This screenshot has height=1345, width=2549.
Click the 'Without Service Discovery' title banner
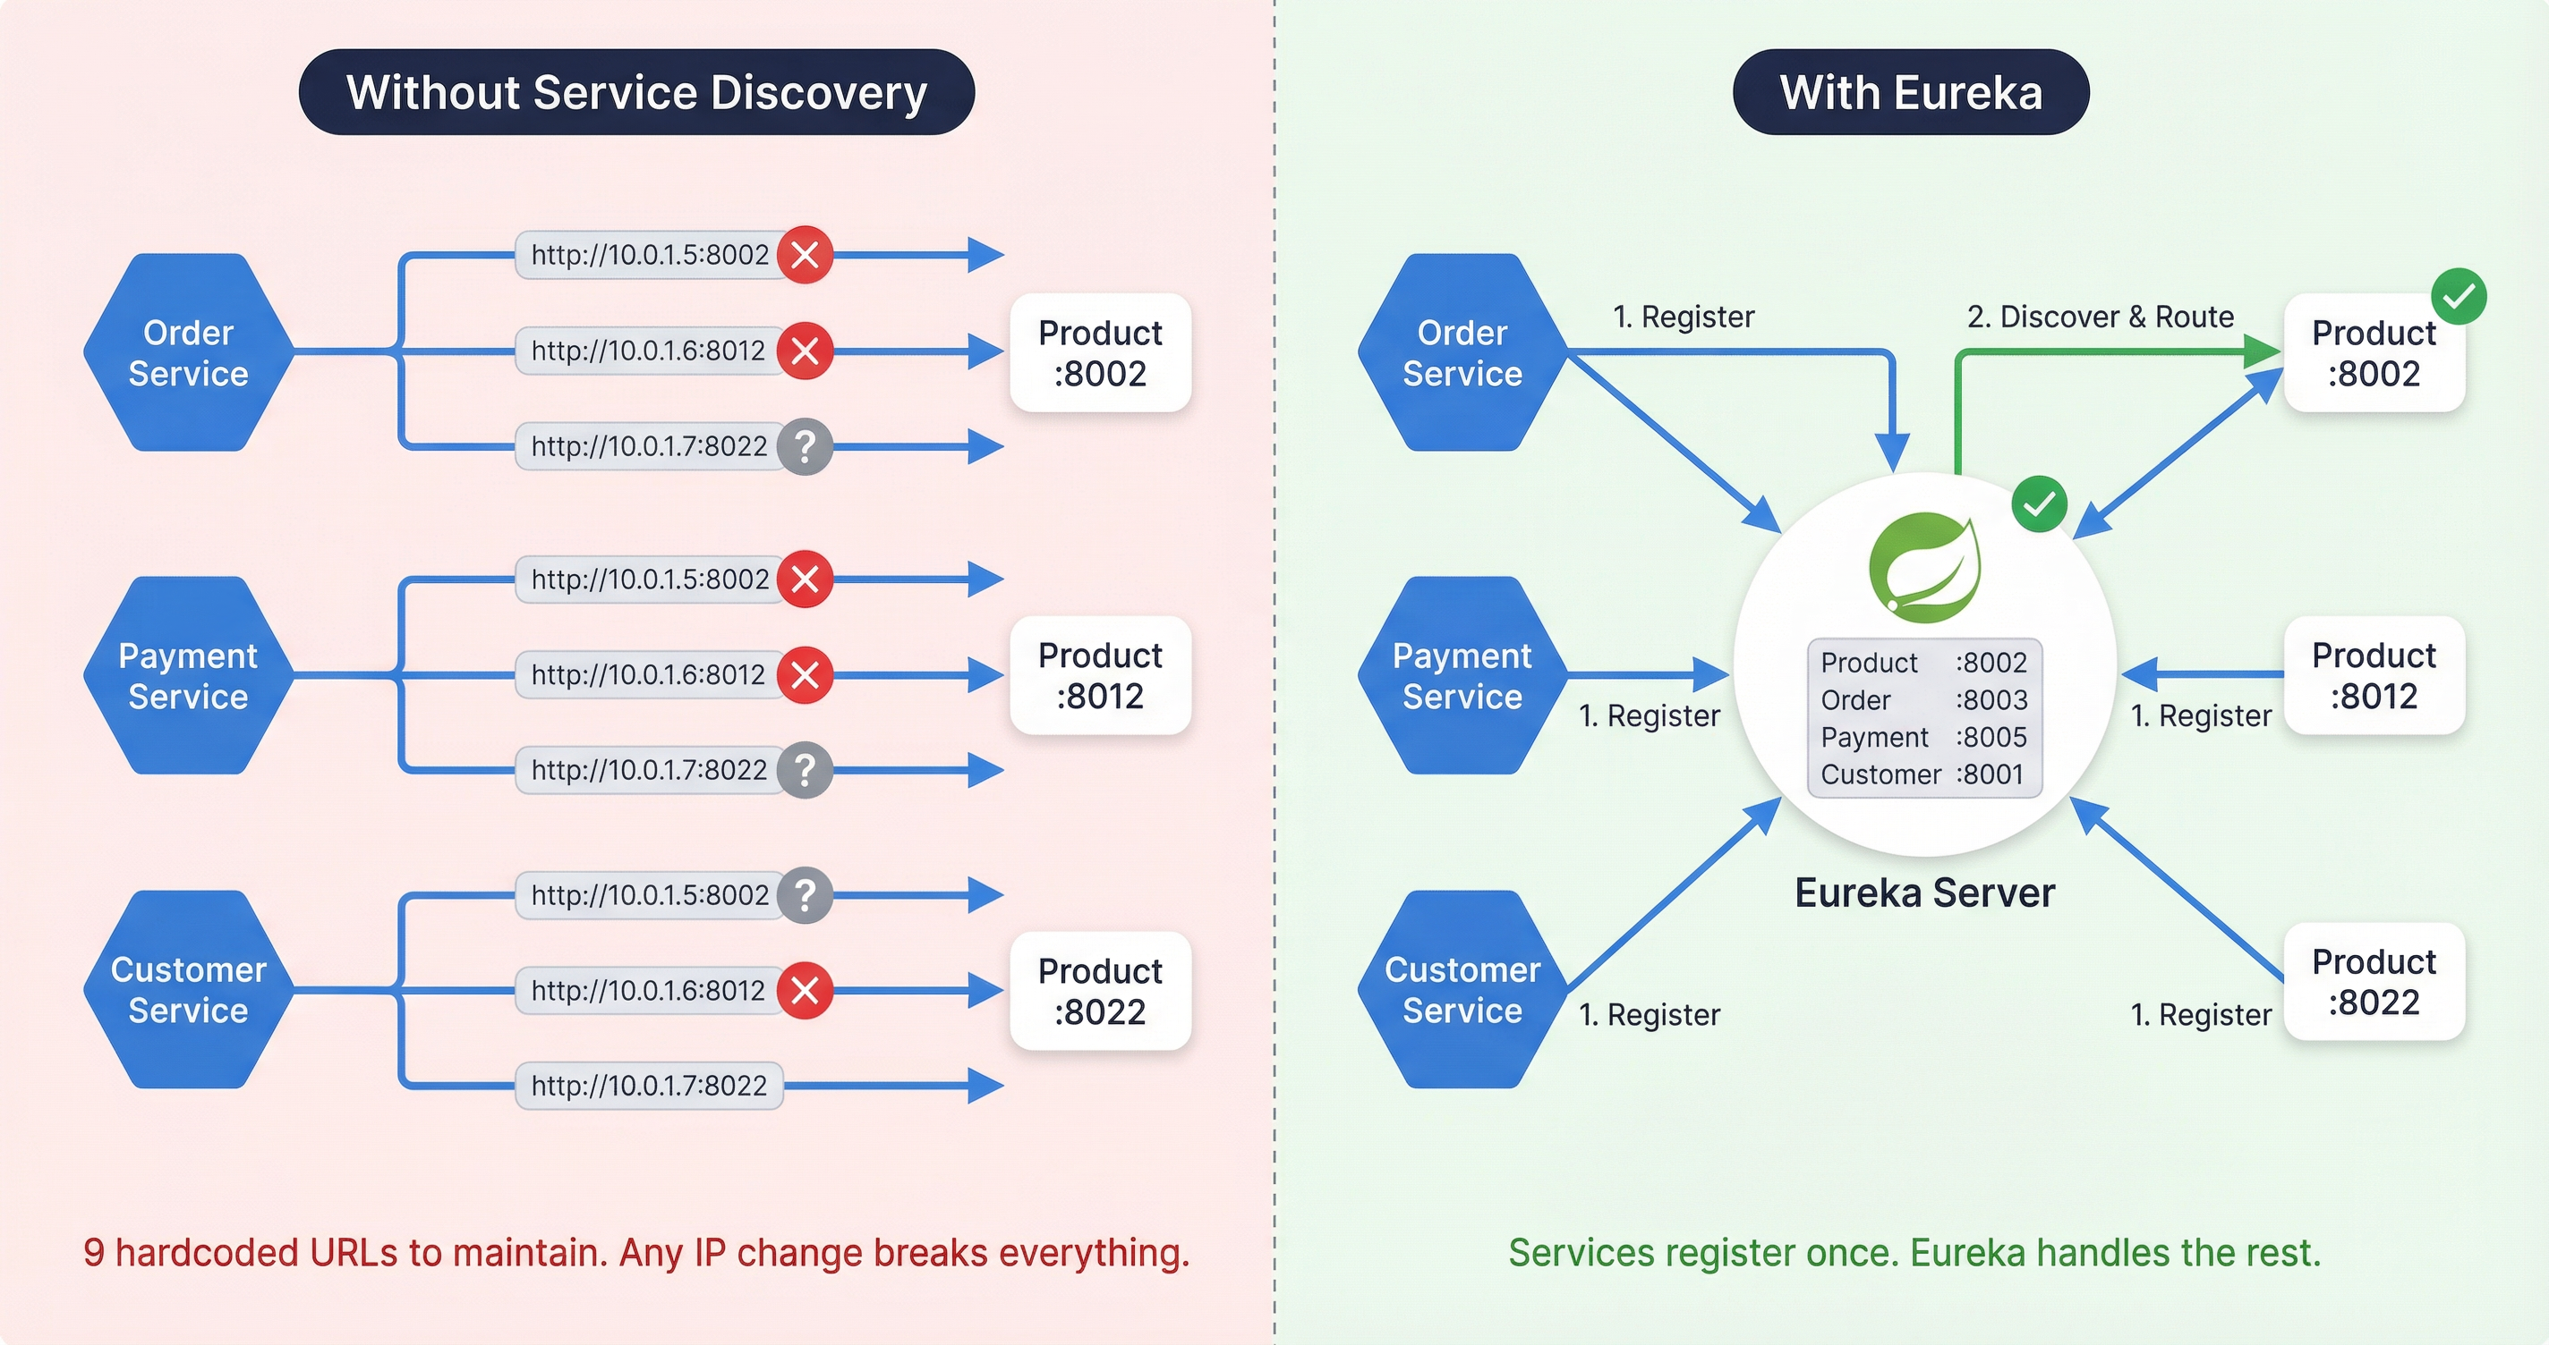pyautogui.click(x=636, y=92)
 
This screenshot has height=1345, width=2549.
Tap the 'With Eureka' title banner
pyautogui.click(x=1910, y=92)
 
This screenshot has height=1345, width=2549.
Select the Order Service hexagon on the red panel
pyautogui.click(x=188, y=352)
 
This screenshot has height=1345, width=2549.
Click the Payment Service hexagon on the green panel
pyautogui.click(x=1462, y=675)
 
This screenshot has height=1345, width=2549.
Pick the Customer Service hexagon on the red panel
pyautogui.click(x=188, y=989)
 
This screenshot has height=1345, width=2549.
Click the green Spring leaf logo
pyautogui.click(x=1923, y=568)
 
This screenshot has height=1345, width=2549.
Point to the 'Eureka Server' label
pyautogui.click(x=1923, y=893)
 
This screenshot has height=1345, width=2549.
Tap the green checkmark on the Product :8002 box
pyautogui.click(x=2458, y=296)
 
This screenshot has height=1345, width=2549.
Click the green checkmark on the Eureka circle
pyautogui.click(x=2039, y=504)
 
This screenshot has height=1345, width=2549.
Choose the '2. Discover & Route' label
pyautogui.click(x=2100, y=317)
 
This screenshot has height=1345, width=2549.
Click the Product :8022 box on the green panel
pyautogui.click(x=2373, y=981)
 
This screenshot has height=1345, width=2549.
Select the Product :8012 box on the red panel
pyautogui.click(x=1099, y=675)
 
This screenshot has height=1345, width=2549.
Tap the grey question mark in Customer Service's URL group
pyautogui.click(x=806, y=895)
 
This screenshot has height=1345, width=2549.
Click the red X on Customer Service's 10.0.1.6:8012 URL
pyautogui.click(x=806, y=990)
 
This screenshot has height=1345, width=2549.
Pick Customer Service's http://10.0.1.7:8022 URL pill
pyautogui.click(x=648, y=1086)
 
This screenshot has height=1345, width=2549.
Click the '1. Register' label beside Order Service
pyautogui.click(x=1683, y=317)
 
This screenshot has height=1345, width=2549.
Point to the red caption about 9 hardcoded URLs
pyautogui.click(x=636, y=1252)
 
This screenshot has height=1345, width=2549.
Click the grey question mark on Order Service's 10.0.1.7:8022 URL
pyautogui.click(x=806, y=447)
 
